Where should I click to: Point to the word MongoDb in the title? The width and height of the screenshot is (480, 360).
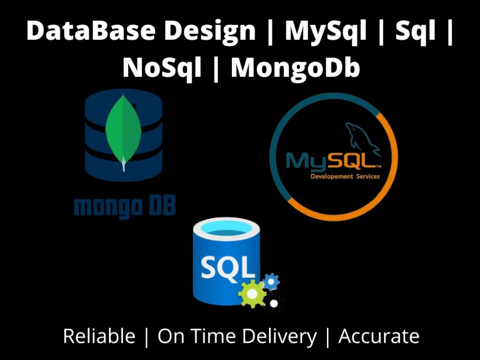pos(295,68)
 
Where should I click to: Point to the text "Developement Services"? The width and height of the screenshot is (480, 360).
pos(345,176)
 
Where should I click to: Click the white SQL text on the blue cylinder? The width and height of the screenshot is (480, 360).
pos(228,267)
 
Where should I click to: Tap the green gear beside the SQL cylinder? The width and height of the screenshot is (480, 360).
pos(252,294)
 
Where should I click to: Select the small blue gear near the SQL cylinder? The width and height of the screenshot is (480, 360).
pos(271,282)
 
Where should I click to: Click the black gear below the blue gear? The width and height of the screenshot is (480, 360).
pos(274,303)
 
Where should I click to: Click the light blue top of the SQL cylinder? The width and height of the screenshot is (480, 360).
pos(227,228)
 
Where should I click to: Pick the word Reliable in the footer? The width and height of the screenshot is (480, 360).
pos(99,336)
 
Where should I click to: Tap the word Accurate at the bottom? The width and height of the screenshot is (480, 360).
pos(379,336)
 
